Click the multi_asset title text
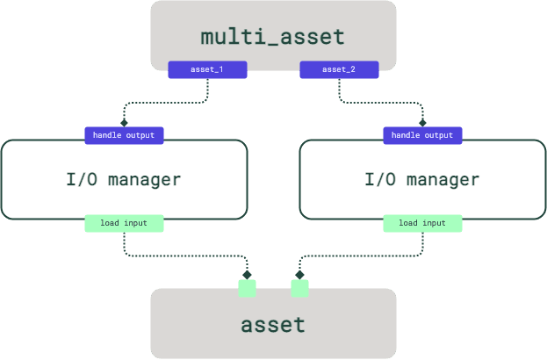[273, 37]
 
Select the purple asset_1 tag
[207, 69]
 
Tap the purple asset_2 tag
[339, 69]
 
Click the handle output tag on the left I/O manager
[124, 135]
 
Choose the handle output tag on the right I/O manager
[422, 135]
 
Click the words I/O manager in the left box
[124, 180]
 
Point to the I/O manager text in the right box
[422, 180]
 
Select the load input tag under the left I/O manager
[124, 223]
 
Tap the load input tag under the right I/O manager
[422, 223]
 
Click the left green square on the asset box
[248, 288]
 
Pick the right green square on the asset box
[300, 288]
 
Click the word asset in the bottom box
[273, 324]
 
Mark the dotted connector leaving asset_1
[167, 102]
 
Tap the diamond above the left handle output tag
[124, 123]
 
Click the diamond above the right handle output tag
[422, 123]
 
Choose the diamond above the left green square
[248, 275]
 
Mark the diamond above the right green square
[300, 275]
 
